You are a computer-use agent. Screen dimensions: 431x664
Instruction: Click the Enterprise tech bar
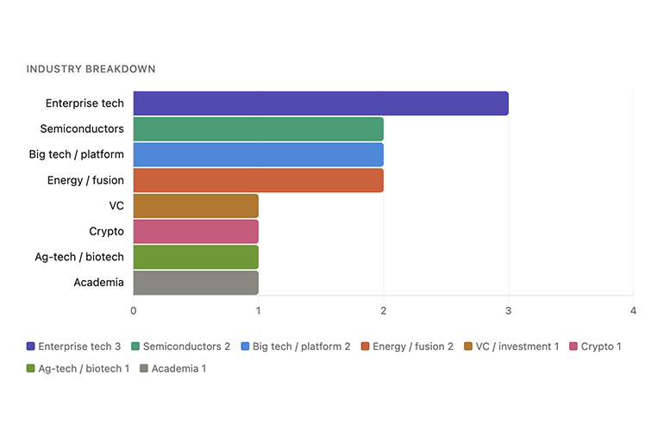click(x=320, y=103)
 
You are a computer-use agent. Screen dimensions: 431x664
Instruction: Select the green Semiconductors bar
click(x=258, y=129)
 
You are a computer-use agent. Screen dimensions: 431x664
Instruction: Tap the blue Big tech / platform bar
click(x=258, y=155)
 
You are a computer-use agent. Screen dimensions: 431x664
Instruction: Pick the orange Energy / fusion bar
click(x=258, y=180)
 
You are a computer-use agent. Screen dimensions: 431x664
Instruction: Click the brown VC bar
click(x=196, y=206)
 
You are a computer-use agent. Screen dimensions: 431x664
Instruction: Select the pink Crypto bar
click(x=196, y=231)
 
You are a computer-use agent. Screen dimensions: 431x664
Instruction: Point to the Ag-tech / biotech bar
click(x=196, y=257)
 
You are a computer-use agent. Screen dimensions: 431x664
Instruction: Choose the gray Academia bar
click(x=196, y=283)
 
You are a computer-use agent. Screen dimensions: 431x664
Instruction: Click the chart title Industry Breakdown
click(x=91, y=69)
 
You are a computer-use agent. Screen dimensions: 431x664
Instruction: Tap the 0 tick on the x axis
click(x=134, y=310)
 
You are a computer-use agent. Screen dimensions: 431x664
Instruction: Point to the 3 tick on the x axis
click(x=508, y=310)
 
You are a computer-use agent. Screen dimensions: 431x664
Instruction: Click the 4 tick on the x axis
click(x=633, y=310)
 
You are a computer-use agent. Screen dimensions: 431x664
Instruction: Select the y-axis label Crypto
click(x=106, y=231)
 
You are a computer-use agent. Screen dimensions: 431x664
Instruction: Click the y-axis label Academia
click(x=98, y=283)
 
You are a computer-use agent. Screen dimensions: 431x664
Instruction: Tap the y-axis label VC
click(x=116, y=206)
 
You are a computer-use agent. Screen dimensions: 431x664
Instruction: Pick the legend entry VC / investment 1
click(x=511, y=347)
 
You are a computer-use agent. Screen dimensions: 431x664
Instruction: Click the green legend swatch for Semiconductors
click(x=136, y=347)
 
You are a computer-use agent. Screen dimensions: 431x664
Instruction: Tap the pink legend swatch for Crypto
click(x=573, y=347)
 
